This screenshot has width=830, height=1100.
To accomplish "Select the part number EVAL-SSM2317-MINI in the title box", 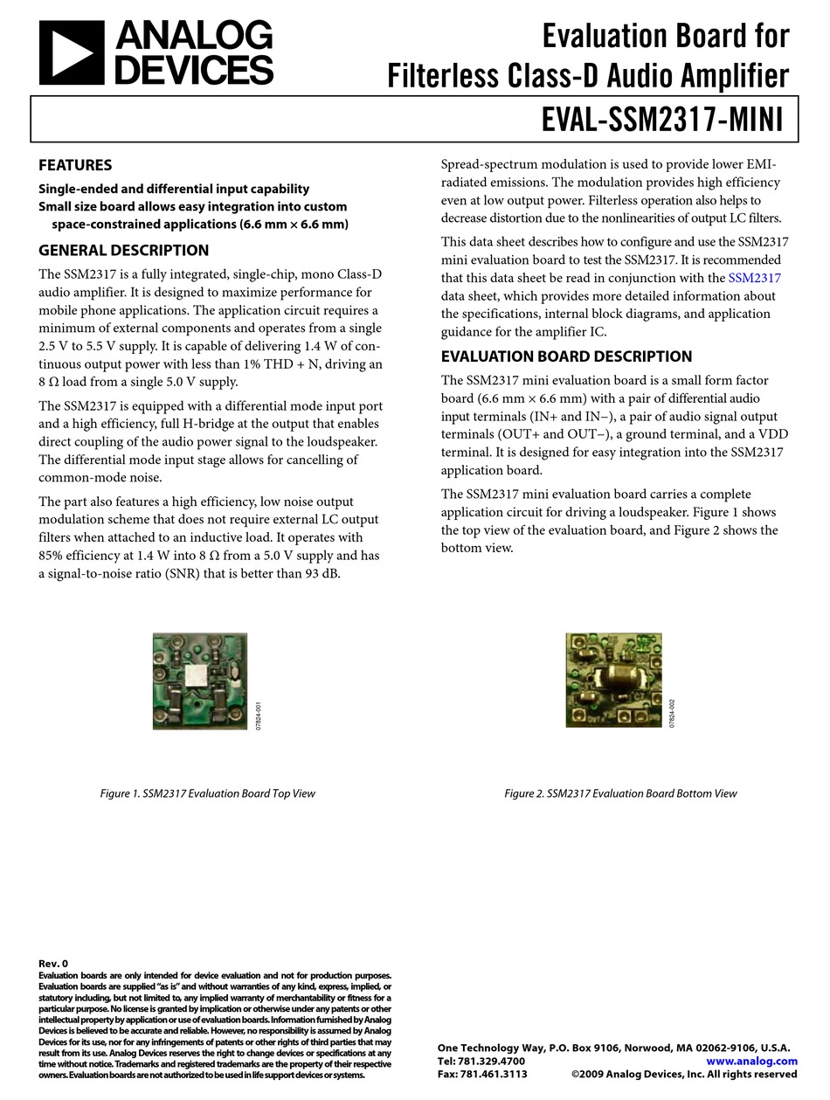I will [662, 119].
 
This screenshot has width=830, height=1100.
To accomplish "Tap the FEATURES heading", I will [75, 165].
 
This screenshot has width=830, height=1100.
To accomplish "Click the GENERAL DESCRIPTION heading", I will [123, 250].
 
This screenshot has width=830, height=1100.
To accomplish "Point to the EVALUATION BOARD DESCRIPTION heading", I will [566, 356].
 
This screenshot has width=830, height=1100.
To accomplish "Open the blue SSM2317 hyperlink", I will [754, 278].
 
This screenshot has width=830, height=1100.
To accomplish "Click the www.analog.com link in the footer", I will [751, 1061].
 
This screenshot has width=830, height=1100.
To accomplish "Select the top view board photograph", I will [200, 681].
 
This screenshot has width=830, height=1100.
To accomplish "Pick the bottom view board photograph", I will [613, 680].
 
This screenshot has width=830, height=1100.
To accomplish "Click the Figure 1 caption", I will [207, 793].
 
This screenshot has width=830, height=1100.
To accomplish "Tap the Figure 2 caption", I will [620, 793].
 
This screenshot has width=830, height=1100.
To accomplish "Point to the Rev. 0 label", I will [53, 964].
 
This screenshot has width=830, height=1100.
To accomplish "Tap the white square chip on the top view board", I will [201, 674].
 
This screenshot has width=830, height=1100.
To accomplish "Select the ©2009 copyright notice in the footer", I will [683, 1074].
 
